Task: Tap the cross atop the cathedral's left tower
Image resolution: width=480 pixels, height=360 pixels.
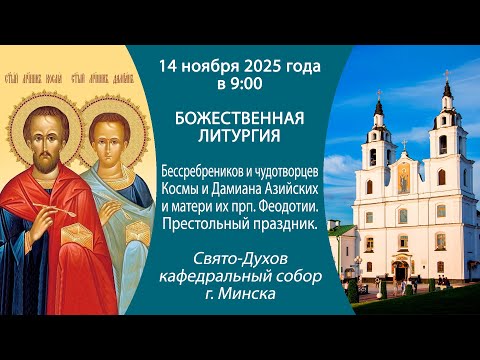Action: click(x=378, y=96)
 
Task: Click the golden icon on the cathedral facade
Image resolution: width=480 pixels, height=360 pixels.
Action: click(x=403, y=177)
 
